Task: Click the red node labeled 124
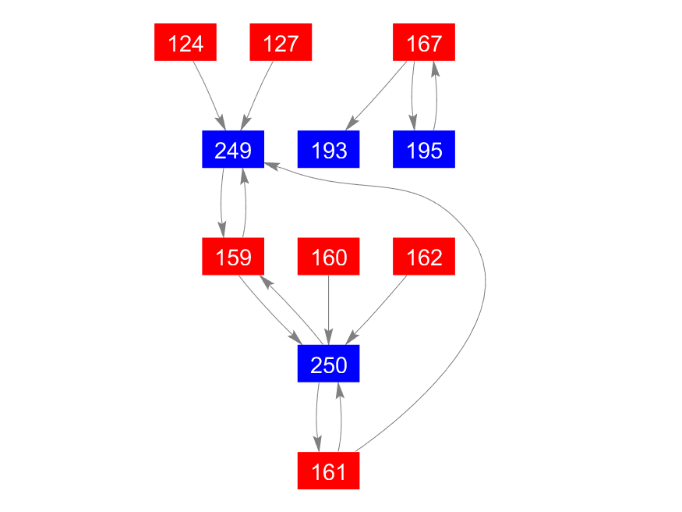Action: click(x=186, y=42)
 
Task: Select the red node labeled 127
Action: click(x=281, y=42)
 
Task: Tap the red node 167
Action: click(x=424, y=42)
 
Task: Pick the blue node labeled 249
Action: click(x=233, y=149)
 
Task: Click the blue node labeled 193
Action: click(x=328, y=149)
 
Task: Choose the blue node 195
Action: click(x=424, y=149)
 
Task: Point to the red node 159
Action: click(x=233, y=257)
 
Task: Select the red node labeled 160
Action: click(x=328, y=257)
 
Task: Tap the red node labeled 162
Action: click(x=424, y=257)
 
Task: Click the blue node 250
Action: click(x=328, y=364)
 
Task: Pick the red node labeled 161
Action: click(x=328, y=471)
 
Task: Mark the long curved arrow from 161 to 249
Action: click(x=485, y=273)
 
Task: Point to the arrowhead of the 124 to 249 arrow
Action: click(x=221, y=123)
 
